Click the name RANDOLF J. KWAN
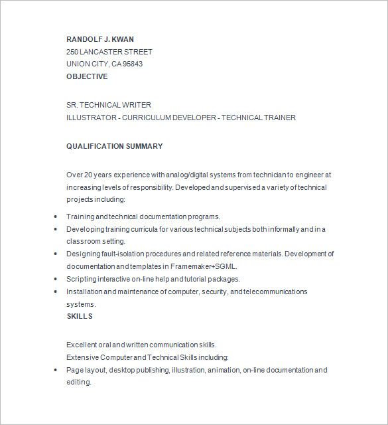tap(99, 39)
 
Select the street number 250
tap(72, 51)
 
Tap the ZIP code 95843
tap(132, 64)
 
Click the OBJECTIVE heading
tap(87, 76)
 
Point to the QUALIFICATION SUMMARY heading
tap(114, 146)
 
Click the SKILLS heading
tap(80, 316)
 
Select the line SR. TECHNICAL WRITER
tap(109, 105)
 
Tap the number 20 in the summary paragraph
tap(88, 175)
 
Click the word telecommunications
tap(277, 292)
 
